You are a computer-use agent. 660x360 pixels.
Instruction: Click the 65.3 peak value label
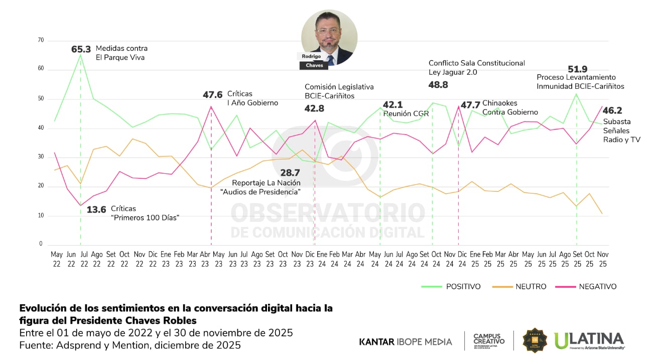(81, 49)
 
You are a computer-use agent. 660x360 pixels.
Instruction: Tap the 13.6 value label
(96, 209)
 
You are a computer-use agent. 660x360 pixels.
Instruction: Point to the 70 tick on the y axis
(41, 40)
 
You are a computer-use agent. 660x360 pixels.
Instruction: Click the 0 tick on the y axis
(41, 244)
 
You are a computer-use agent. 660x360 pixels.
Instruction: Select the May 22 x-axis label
(57, 259)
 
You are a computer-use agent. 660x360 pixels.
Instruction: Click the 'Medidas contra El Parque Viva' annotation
(122, 53)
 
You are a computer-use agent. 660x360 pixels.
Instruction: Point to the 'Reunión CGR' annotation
(406, 114)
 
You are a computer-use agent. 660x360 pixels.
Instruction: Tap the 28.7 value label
(290, 173)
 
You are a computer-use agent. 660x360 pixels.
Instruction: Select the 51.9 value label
(577, 69)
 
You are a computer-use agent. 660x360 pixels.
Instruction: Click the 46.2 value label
(612, 110)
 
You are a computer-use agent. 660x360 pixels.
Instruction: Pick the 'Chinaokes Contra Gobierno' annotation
(510, 108)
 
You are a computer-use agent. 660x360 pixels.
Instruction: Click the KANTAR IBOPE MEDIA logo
(406, 342)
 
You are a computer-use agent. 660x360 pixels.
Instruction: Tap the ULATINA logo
(589, 340)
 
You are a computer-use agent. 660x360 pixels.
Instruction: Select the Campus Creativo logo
(489, 341)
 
